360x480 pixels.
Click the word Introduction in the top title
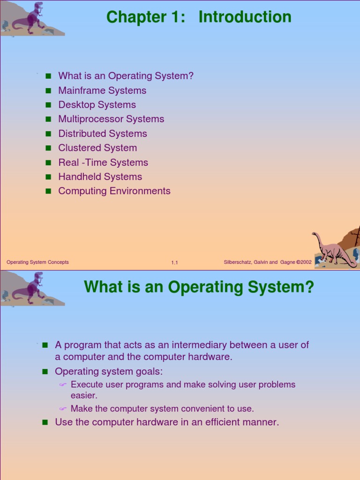coord(245,17)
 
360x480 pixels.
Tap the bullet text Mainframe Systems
coord(102,90)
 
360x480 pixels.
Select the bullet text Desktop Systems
coord(97,105)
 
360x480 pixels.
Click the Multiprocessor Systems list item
coord(111,119)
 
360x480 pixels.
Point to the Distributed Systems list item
coord(103,134)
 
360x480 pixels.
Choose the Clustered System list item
coord(97,148)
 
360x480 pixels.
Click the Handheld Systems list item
coord(100,177)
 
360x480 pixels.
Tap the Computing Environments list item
coord(114,191)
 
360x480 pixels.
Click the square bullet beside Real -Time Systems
coord(48,163)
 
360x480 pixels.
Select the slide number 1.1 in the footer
coord(174,262)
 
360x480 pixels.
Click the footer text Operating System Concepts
coord(37,262)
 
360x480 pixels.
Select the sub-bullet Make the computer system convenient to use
coord(162,409)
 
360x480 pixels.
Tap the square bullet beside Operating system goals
coord(45,372)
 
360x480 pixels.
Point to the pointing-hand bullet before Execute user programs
coord(63,385)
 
